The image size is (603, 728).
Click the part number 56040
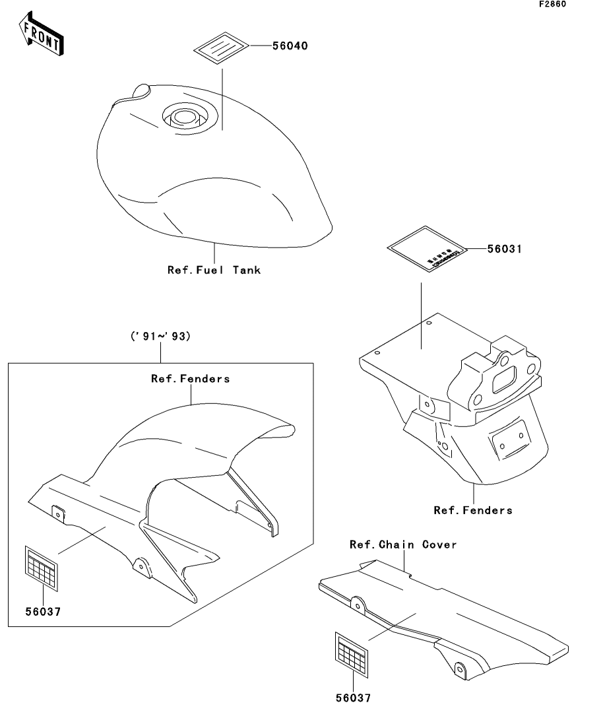click(x=290, y=46)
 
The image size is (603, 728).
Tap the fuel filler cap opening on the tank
click(x=185, y=117)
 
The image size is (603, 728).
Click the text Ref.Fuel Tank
click(x=214, y=269)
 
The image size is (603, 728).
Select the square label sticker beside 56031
click(x=426, y=251)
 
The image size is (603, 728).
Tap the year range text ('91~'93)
click(x=160, y=337)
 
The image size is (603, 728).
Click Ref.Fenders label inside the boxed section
click(x=190, y=379)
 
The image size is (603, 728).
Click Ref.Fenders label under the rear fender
click(x=472, y=510)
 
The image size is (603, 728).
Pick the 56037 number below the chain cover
click(x=352, y=697)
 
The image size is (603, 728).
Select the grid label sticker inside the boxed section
click(x=42, y=566)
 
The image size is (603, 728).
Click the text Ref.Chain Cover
click(x=402, y=545)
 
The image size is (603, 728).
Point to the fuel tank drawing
click(x=211, y=172)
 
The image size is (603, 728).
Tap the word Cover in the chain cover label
click(x=439, y=545)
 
